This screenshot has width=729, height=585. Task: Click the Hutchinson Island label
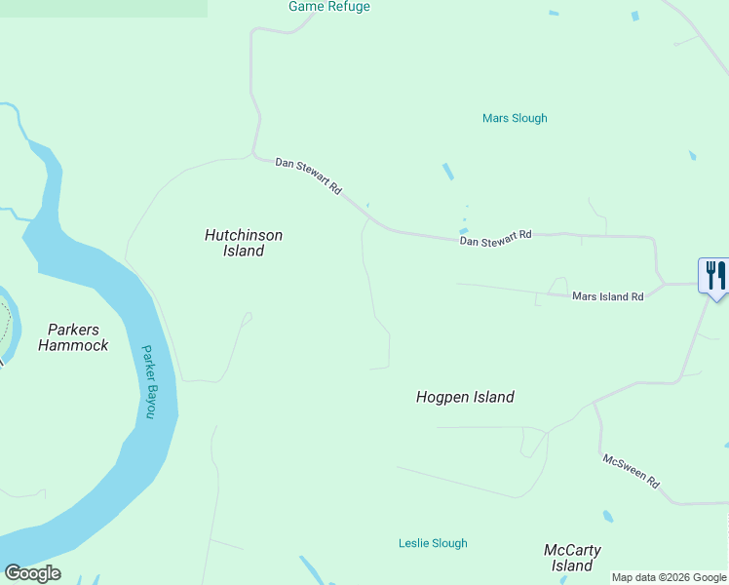(x=244, y=243)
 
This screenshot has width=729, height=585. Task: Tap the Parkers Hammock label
(x=73, y=337)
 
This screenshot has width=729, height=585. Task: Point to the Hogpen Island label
(x=465, y=397)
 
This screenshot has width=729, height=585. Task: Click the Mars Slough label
(x=515, y=118)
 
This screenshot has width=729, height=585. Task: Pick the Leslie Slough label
(x=433, y=543)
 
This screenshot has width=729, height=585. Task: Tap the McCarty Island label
(x=571, y=558)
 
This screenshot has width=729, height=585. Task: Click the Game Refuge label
(x=329, y=7)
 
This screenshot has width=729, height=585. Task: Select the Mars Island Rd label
(x=608, y=296)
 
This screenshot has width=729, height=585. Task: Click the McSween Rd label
(x=631, y=471)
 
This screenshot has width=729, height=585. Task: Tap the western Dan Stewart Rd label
(x=308, y=175)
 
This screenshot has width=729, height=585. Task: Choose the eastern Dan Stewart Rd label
(x=495, y=236)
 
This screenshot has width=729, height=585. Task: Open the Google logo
(x=32, y=573)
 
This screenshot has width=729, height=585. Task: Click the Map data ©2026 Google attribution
(x=669, y=577)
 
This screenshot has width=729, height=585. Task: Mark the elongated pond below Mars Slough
(x=448, y=172)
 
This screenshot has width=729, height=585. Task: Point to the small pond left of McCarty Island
(x=608, y=516)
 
